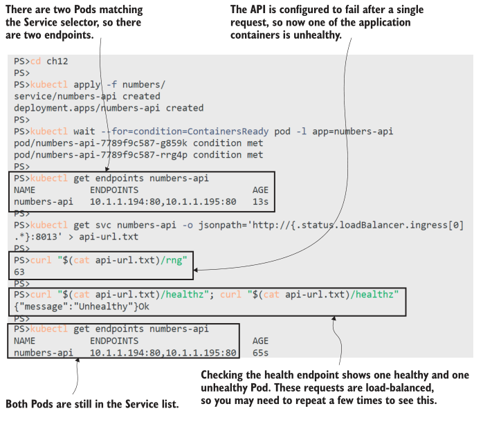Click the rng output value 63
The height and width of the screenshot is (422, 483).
[19, 272]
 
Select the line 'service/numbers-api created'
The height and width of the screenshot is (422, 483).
[86, 96]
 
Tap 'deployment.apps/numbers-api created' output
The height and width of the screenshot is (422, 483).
[109, 108]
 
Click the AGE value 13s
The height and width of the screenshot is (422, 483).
[260, 201]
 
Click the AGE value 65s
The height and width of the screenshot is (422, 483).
[260, 353]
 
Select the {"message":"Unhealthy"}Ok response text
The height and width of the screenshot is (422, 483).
[80, 306]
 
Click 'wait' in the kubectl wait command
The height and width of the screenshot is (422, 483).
[83, 131]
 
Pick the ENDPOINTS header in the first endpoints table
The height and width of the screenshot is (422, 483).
[114, 190]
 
